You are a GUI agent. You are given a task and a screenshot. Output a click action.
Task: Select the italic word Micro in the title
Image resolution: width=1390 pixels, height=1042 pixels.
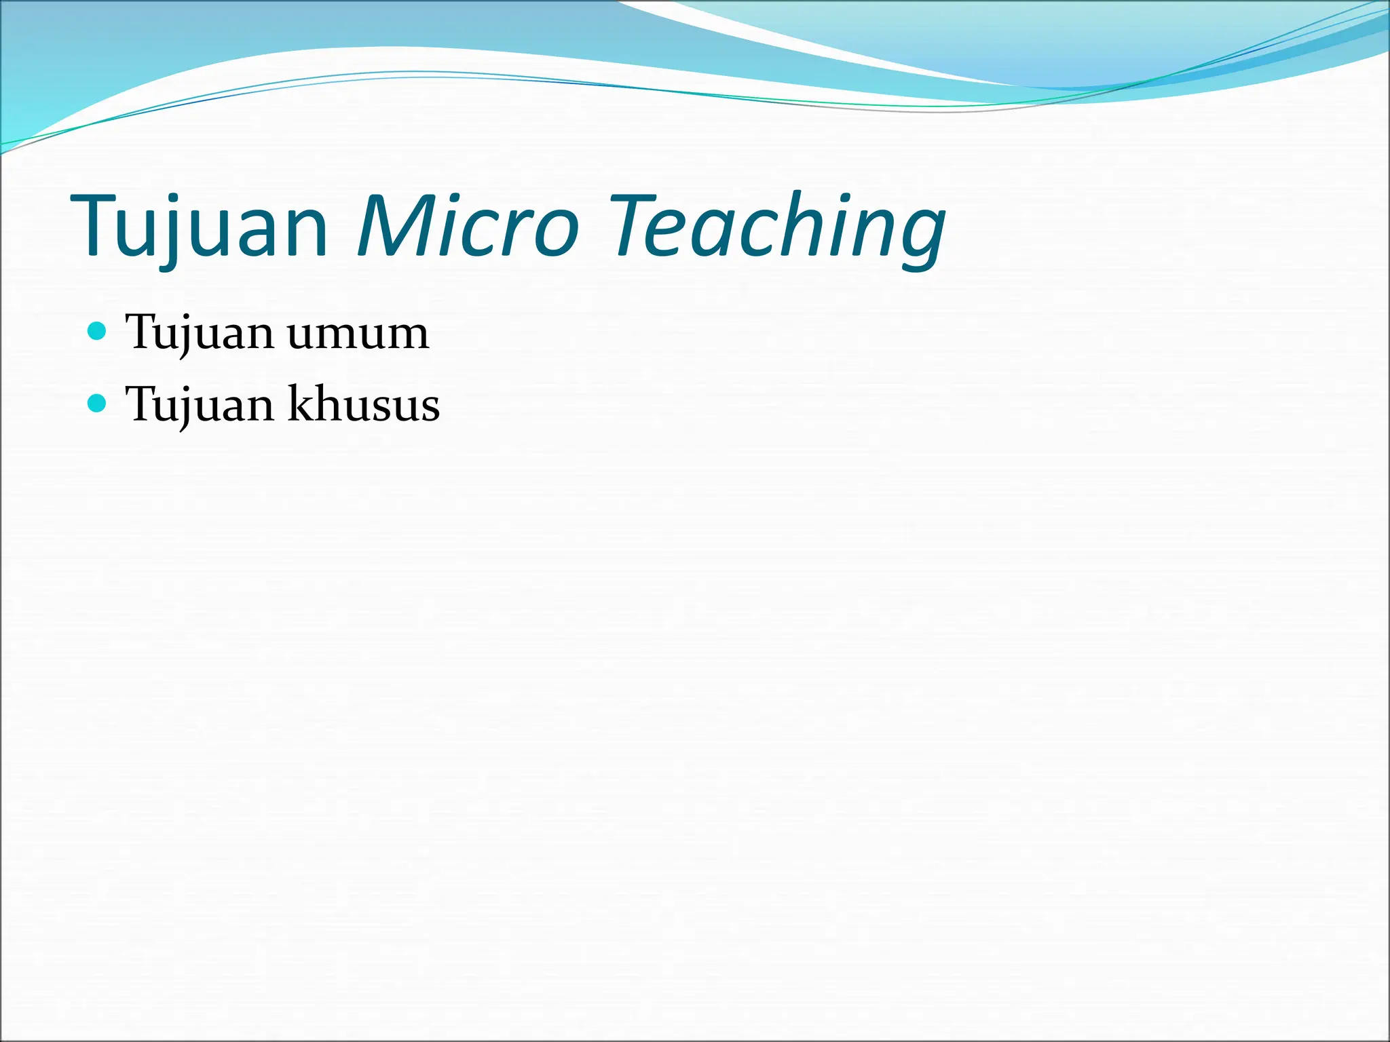tap(468, 226)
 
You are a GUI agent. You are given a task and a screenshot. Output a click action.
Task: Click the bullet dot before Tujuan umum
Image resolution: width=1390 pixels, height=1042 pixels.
tap(98, 332)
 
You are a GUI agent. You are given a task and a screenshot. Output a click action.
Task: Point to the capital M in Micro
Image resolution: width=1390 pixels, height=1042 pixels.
tap(400, 226)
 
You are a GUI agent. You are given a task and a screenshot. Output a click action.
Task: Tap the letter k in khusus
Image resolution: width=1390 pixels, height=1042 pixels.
tap(301, 404)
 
